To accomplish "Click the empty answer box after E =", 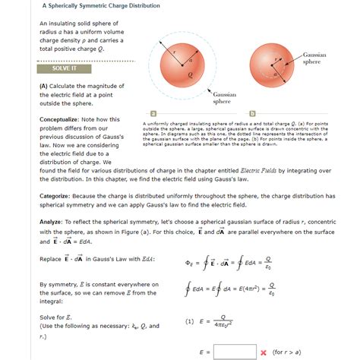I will click(x=235, y=352).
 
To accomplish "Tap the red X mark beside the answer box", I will click(x=263, y=352).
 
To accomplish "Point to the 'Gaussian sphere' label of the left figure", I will click(x=222, y=96).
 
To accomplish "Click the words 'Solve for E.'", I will click(x=58, y=315).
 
